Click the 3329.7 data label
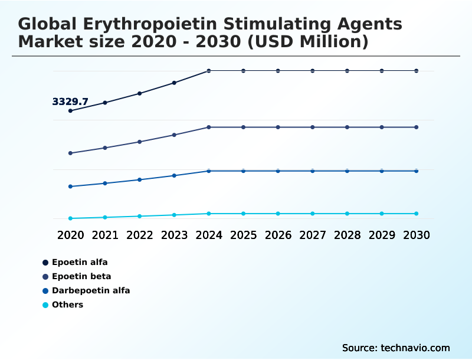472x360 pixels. coord(70,102)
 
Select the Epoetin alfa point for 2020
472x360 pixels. coord(70,111)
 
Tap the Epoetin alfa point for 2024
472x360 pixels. coord(209,71)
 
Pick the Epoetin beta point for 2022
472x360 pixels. coord(140,142)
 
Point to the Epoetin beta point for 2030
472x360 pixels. coord(417,127)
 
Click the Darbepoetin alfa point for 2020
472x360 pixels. coord(70,186)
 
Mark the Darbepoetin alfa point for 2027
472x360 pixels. coord(313,171)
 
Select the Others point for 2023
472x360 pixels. coord(174,215)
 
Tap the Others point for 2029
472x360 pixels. coord(382,214)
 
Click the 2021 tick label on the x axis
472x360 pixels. coord(105,235)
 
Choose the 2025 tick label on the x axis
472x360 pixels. coord(243,235)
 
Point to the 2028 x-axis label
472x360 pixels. coord(347,235)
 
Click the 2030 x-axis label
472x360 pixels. coord(417,235)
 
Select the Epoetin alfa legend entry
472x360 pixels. coord(79,262)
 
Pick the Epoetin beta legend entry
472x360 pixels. coord(81,276)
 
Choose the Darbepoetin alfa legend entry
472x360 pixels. coord(90,290)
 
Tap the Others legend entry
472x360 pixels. coord(67,305)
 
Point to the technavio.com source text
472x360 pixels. coord(415,348)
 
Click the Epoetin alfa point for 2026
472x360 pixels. coord(278,71)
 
